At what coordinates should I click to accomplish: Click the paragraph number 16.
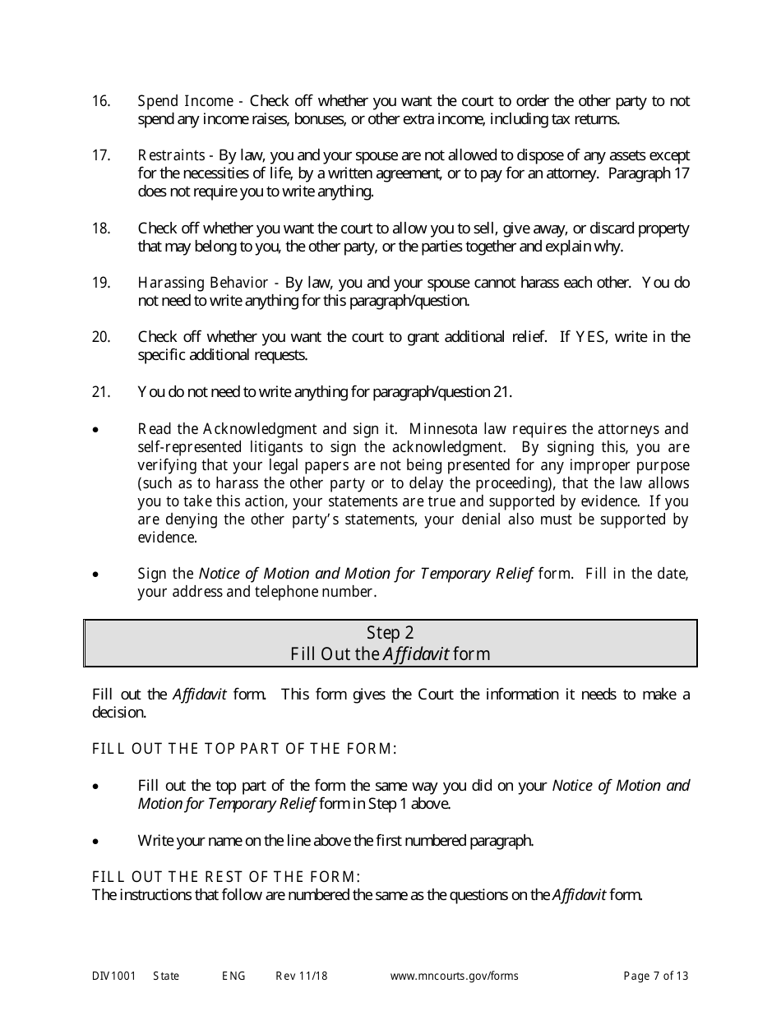tap(100, 101)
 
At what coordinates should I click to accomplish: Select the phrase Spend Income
tap(185, 101)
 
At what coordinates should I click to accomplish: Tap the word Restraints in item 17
tap(171, 155)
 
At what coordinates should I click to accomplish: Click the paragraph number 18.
tap(100, 229)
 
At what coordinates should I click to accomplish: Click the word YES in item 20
tap(589, 337)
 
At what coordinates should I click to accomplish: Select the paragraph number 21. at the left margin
tap(100, 392)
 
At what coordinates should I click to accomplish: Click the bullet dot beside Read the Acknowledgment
tap(97, 430)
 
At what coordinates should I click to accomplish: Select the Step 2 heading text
tap(390, 633)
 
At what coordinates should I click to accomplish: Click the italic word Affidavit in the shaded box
tap(416, 654)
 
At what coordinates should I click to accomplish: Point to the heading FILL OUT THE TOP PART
tap(244, 749)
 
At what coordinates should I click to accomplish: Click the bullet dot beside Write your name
tap(97, 841)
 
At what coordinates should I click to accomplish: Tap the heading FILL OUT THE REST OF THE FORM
tap(226, 877)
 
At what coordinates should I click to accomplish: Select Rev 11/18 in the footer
tap(302, 976)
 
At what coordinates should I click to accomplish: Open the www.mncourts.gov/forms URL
tap(454, 976)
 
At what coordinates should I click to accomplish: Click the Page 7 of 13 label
tap(656, 976)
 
